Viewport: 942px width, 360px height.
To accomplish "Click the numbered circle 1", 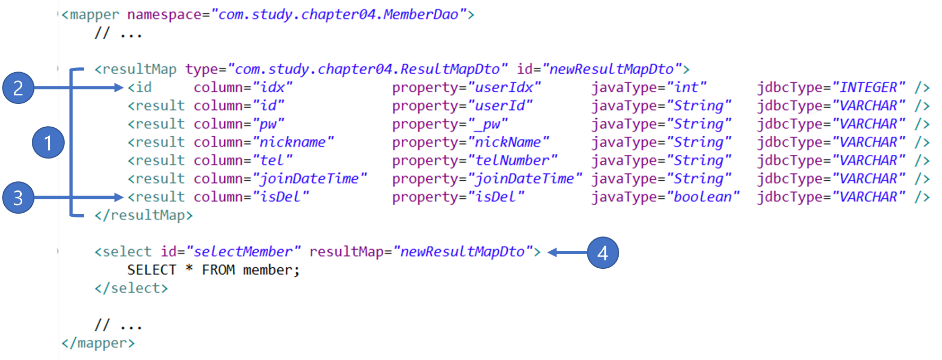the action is click(48, 142).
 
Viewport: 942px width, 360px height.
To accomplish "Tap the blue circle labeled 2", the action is click(18, 87).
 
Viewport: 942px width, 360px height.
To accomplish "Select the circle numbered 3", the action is click(18, 198).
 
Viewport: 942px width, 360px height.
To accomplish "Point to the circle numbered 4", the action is click(603, 252).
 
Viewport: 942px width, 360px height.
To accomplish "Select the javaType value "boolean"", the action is click(702, 197).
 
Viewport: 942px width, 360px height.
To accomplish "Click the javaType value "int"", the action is click(686, 87).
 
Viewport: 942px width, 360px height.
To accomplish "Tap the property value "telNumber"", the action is click(512, 161).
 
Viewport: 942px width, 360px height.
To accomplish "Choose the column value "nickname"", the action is click(293, 142).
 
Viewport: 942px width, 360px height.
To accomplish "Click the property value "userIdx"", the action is click(504, 87).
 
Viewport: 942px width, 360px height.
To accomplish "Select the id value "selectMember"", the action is click(243, 252).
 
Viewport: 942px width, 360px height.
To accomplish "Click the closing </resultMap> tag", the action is click(144, 215).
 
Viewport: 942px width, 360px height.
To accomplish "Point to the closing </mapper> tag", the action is click(98, 343).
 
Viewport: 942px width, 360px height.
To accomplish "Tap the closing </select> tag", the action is click(131, 288).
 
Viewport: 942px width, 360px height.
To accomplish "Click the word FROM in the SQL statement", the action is click(218, 270).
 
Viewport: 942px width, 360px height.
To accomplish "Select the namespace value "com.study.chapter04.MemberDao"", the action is click(338, 14).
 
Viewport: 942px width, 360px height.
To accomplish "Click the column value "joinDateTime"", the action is click(309, 179).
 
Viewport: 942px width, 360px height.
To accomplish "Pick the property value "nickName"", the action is click(508, 142).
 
